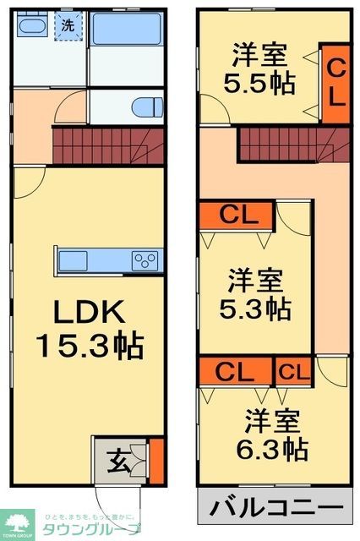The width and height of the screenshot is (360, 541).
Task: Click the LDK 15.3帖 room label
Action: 89,329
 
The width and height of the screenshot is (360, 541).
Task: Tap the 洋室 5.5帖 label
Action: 259,70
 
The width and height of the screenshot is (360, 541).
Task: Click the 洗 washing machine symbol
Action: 67,25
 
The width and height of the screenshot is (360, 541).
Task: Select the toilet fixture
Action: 149,107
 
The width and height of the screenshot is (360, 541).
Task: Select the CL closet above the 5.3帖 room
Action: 236,215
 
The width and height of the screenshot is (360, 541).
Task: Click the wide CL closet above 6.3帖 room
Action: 236,370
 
